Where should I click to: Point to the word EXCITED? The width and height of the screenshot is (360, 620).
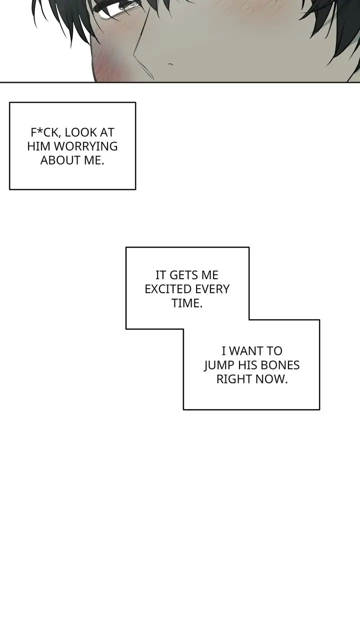click(x=167, y=289)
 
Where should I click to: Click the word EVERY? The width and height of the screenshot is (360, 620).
click(x=212, y=289)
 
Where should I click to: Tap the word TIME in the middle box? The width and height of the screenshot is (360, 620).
click(x=185, y=303)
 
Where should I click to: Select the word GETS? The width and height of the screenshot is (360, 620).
click(x=183, y=275)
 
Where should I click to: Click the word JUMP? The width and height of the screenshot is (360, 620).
click(x=219, y=365)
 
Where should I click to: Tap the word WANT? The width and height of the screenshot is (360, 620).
click(x=245, y=351)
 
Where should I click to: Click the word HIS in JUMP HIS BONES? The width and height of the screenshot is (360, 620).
click(x=248, y=365)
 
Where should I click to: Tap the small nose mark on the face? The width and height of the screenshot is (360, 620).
click(x=170, y=65)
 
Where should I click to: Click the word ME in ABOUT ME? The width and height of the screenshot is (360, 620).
click(x=94, y=161)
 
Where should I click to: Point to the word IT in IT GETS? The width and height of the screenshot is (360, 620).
click(x=160, y=275)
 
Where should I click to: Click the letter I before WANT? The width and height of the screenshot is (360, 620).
click(x=223, y=351)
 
